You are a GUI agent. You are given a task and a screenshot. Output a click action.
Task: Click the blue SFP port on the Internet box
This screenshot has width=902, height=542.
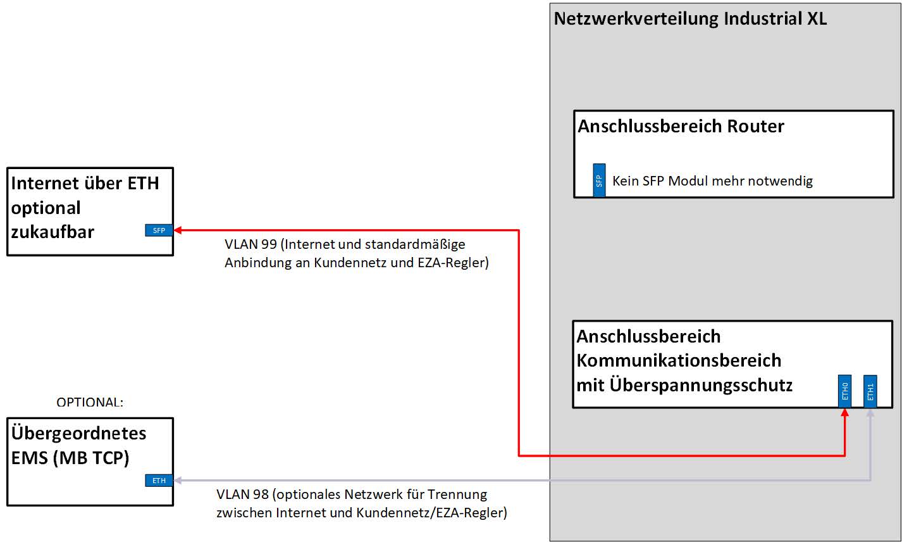point(159,230)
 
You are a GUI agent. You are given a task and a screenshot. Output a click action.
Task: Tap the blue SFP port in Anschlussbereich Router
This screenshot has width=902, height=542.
point(599,180)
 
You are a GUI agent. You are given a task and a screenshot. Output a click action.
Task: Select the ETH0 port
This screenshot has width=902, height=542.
point(844,391)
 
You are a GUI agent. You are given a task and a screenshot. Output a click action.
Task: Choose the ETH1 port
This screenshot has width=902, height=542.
point(870,391)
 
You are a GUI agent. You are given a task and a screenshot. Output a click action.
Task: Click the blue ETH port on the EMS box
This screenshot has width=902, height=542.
point(159,481)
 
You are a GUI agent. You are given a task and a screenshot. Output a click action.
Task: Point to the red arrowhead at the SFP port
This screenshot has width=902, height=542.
point(178,230)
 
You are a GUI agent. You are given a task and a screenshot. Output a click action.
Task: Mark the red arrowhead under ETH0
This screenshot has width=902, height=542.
point(844,413)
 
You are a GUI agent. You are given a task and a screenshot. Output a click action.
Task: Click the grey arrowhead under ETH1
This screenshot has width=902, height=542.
point(870,413)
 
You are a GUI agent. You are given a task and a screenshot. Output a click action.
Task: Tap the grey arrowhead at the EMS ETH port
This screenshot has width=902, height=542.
point(178,481)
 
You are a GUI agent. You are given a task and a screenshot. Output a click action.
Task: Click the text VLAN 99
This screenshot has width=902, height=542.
point(250,244)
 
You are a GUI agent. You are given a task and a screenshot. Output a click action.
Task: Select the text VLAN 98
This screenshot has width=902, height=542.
point(242,495)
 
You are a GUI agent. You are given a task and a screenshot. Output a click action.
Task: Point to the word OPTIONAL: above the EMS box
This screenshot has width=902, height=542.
point(90,403)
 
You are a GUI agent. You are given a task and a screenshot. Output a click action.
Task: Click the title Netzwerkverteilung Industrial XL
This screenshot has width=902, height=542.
point(690,18)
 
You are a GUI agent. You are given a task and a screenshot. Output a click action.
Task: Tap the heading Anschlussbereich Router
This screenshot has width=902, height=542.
point(681,127)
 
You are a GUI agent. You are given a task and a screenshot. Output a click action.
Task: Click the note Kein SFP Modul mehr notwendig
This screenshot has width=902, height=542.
point(712,182)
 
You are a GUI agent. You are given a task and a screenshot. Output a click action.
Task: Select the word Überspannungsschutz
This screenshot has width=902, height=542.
point(701,385)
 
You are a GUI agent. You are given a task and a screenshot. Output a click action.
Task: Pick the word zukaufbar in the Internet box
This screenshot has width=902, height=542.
point(53,232)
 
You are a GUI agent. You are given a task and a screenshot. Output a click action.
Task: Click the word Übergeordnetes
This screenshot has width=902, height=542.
point(79,434)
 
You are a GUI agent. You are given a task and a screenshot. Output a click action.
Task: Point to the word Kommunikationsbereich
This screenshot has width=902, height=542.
point(679,361)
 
